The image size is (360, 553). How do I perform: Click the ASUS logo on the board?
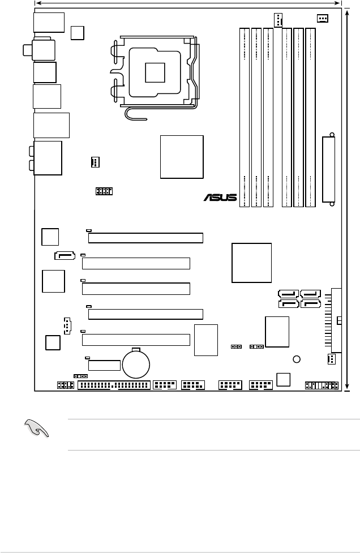[221, 198]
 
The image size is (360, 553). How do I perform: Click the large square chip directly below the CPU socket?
[182, 157]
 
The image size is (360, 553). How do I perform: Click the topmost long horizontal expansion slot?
[145, 238]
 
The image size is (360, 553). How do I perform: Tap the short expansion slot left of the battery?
[104, 365]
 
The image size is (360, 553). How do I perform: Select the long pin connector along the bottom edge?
[114, 386]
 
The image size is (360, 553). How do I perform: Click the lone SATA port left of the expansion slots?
[65, 255]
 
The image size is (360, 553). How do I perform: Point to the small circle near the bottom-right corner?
[296, 359]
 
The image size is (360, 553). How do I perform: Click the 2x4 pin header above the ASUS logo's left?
[104, 191]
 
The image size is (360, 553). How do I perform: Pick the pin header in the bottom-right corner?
[322, 385]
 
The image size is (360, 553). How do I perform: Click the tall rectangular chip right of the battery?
[205, 340]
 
